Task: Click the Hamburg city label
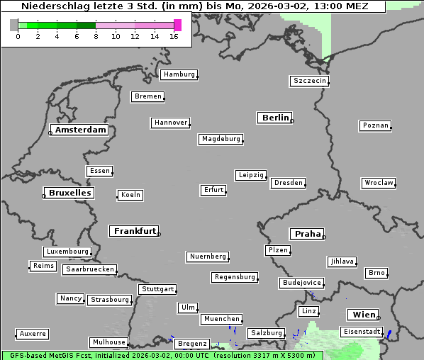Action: click(179, 74)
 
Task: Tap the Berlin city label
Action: click(275, 118)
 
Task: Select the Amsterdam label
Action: click(81, 130)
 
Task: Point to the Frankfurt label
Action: click(135, 231)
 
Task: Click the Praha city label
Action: click(308, 234)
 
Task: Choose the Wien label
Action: click(362, 315)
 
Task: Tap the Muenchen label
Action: click(221, 320)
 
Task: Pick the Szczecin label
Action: click(310, 81)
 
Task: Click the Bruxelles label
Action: click(69, 193)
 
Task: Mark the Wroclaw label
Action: click(379, 183)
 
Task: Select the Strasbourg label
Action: click(110, 300)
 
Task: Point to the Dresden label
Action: click(289, 183)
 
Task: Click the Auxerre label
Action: click(33, 333)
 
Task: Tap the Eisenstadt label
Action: click(362, 332)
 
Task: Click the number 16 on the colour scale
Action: click(174, 36)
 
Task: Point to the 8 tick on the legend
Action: click(96, 36)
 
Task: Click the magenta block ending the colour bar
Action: click(177, 25)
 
